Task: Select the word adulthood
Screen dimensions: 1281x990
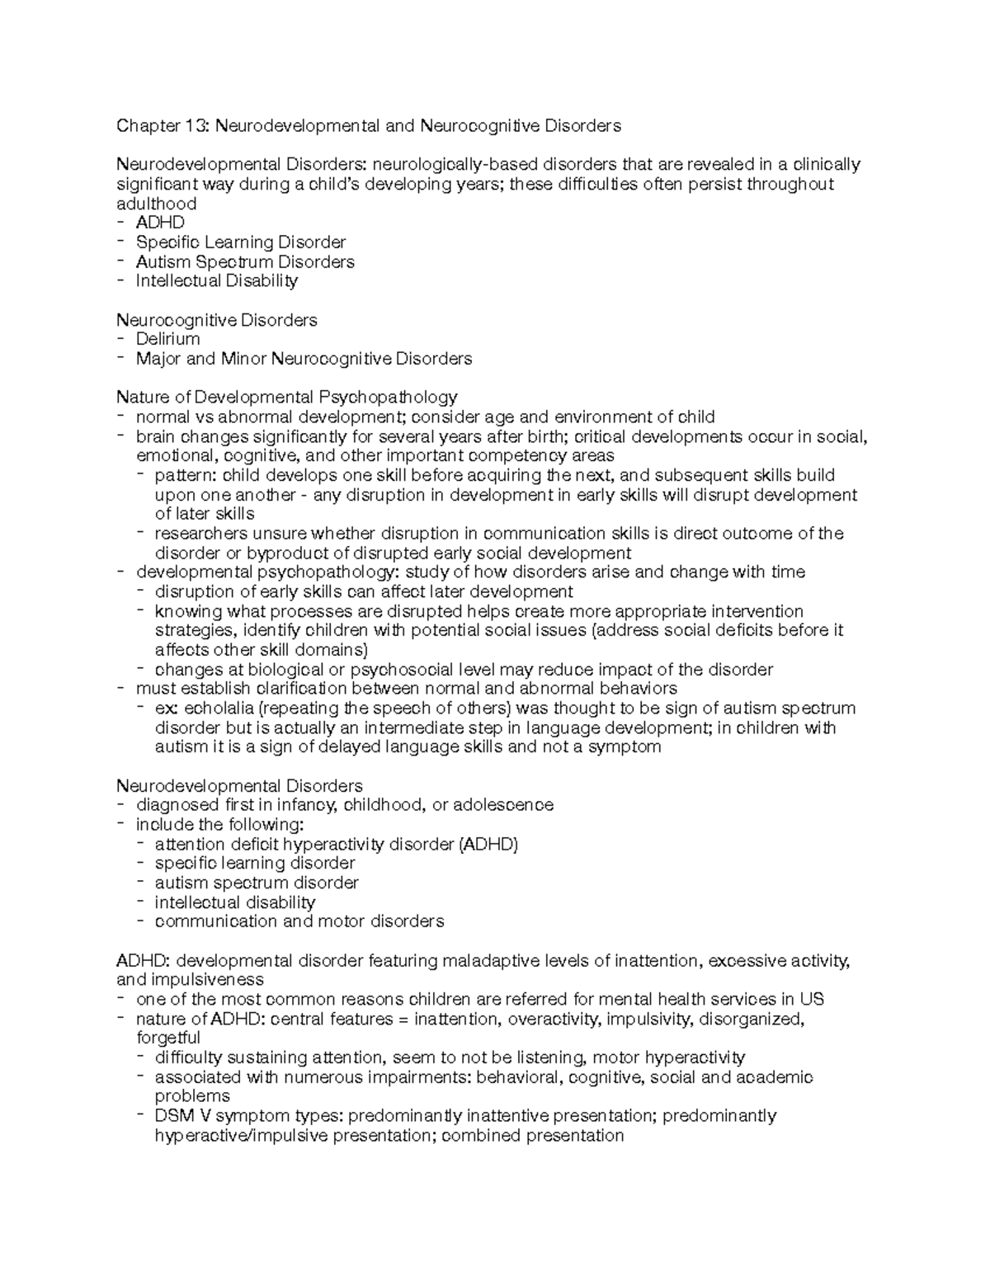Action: [x=156, y=204]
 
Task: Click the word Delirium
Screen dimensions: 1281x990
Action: [x=167, y=339]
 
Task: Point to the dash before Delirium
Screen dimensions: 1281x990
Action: [x=122, y=339]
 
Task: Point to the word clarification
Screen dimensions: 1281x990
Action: [x=256, y=689]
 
